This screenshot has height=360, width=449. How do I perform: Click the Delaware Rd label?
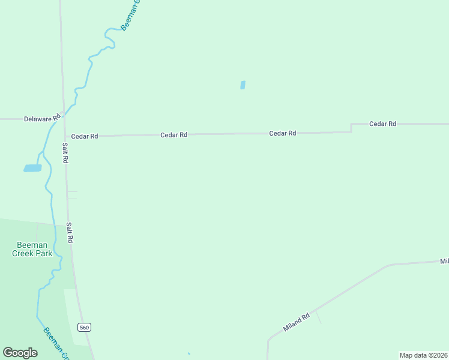coord(42,118)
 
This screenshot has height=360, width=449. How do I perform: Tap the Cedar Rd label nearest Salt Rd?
coord(84,136)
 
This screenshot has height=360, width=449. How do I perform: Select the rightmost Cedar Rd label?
coord(382,124)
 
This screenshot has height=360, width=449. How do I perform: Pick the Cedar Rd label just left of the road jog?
coord(282,133)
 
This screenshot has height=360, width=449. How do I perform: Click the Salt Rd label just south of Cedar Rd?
coord(65,153)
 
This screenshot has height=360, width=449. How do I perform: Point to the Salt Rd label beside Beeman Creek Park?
coord(70,232)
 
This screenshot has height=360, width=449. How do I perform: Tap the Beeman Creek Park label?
coord(32,248)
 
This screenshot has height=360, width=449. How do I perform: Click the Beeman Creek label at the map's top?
coord(130,15)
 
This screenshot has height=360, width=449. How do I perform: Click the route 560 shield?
coord(84,327)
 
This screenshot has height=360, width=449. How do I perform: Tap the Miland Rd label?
coord(297,323)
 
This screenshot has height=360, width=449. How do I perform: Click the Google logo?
coord(20,353)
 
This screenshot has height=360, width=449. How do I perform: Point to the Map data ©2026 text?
coord(423,355)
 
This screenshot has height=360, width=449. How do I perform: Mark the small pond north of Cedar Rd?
coord(243,85)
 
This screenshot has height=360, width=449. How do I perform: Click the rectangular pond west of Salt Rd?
coord(32,169)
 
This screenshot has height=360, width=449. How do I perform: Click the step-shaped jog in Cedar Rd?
coord(351,128)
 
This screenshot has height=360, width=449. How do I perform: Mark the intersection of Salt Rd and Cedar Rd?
coord(65,137)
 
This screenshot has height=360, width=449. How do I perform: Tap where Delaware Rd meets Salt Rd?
coord(64,119)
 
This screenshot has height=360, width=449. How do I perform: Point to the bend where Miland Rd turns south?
coord(268,341)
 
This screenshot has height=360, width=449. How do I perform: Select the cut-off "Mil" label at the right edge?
coord(444,261)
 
